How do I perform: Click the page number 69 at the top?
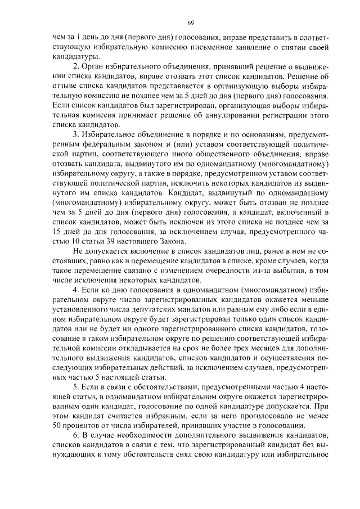point(191,22)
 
